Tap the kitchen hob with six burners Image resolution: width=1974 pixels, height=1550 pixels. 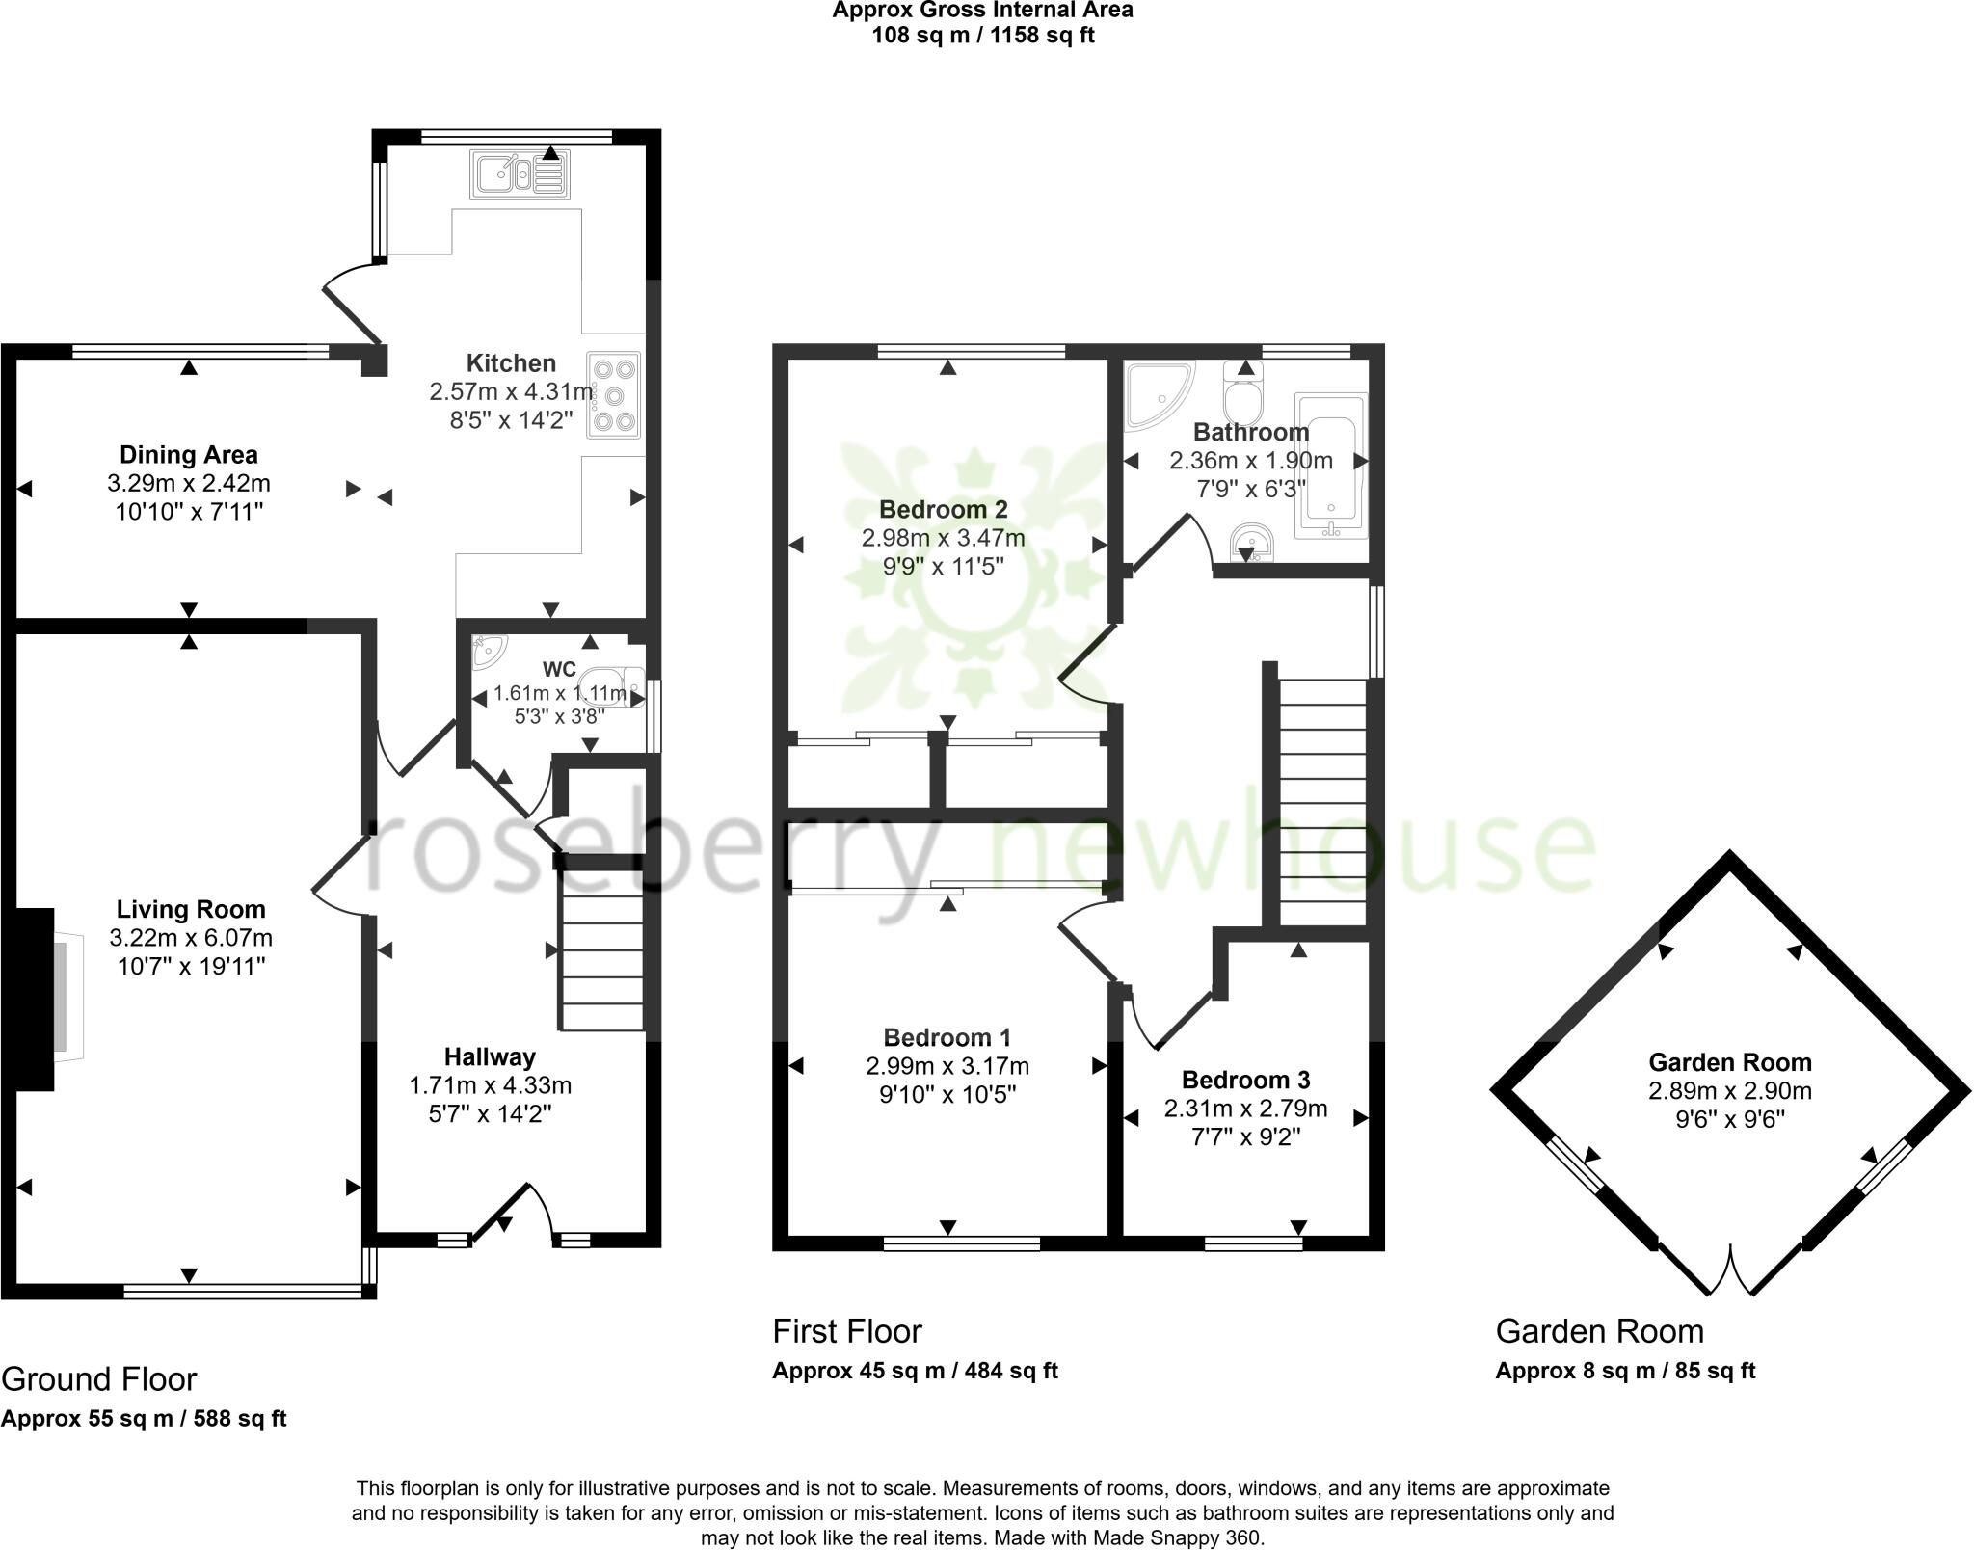pyautogui.click(x=614, y=395)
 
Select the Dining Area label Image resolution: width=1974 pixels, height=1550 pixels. pyautogui.click(x=189, y=454)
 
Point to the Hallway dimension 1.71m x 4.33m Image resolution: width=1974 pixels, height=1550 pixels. pyautogui.click(x=490, y=1085)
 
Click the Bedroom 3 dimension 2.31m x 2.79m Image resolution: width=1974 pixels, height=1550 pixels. pyautogui.click(x=1245, y=1109)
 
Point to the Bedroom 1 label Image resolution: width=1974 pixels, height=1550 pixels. pyautogui.click(x=947, y=1037)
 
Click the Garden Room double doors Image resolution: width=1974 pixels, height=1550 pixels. pyautogui.click(x=1731, y=1270)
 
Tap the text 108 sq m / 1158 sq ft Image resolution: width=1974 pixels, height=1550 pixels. pyautogui.click(x=982, y=36)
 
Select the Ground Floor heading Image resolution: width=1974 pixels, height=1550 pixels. pyautogui.click(x=99, y=1379)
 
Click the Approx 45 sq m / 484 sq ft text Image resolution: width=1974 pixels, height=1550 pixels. pyautogui.click(x=915, y=1371)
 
